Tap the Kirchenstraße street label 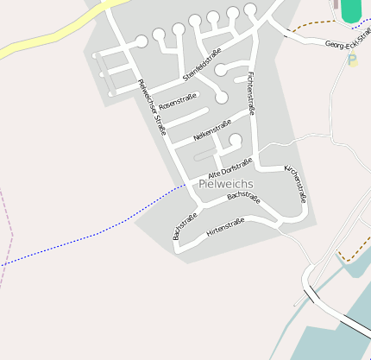point(296,184)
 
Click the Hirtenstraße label point(225,228)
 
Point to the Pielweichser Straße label point(151,107)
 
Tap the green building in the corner point(351,11)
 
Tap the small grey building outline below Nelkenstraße point(204,155)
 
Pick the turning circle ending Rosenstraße point(222,98)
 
